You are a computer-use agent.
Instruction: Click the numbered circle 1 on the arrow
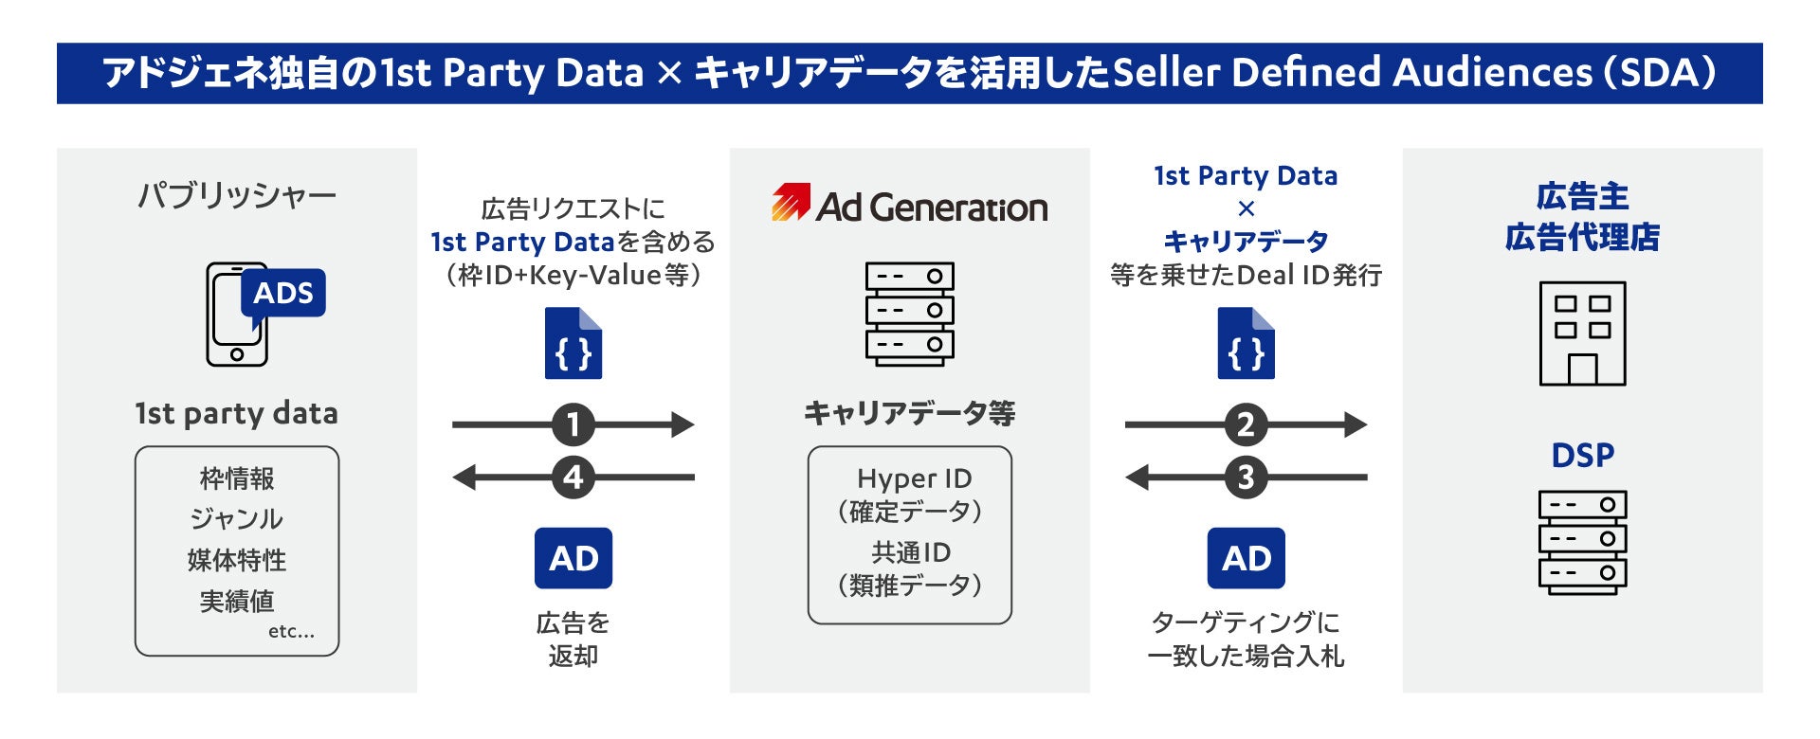(573, 424)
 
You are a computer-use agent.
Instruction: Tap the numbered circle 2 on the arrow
(1246, 424)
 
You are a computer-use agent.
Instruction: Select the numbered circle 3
(1246, 477)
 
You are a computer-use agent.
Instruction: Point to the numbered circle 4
(573, 477)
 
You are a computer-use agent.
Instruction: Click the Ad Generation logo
(909, 205)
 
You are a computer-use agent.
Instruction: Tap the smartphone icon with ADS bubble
(264, 314)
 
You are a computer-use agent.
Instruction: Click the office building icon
(1582, 333)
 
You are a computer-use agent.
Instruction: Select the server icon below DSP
(1582, 542)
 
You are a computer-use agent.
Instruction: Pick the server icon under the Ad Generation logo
(909, 314)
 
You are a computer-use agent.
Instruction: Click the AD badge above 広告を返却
(573, 558)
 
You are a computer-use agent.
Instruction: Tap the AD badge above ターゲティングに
(1246, 558)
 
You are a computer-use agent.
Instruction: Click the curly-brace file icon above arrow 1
(573, 343)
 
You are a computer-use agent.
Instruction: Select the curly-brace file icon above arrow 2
(1246, 343)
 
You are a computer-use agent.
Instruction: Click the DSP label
(1582, 456)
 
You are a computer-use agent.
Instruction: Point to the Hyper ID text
(914, 478)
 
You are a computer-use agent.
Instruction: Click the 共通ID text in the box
(911, 552)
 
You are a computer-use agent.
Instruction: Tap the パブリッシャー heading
(237, 196)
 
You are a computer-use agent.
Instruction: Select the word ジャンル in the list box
(237, 519)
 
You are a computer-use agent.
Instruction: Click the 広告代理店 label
(1582, 237)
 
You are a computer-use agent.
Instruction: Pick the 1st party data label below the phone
(237, 414)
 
